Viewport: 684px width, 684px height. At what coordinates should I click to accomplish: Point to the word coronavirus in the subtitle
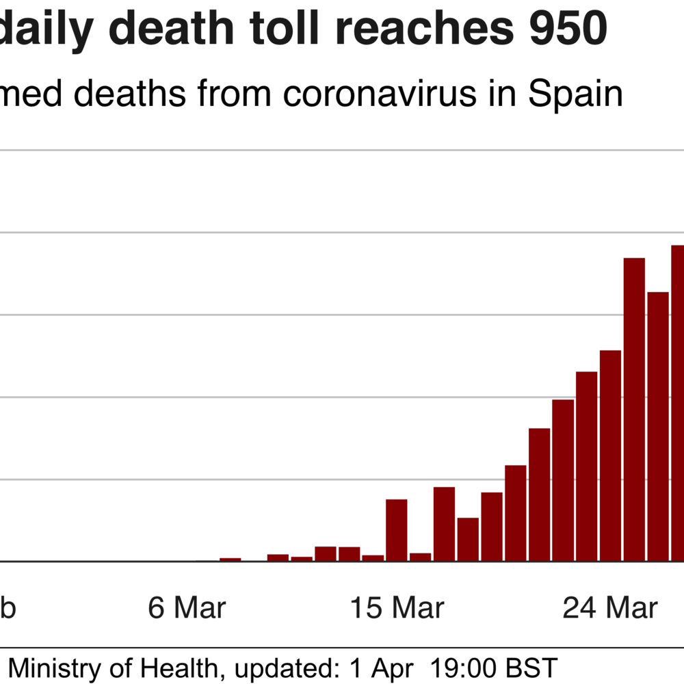click(x=380, y=94)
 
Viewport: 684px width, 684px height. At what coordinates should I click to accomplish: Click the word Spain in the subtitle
click(x=575, y=94)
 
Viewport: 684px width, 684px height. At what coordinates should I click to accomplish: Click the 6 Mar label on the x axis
click(x=187, y=607)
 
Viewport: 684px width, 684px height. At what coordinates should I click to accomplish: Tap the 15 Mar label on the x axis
click(x=397, y=607)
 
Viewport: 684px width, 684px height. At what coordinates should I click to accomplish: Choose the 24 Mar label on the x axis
click(x=610, y=607)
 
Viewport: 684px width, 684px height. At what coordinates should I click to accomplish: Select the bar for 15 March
click(x=397, y=530)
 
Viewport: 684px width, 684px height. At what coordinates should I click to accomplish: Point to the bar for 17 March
click(x=444, y=524)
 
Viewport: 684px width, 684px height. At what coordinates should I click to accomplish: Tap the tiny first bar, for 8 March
click(x=231, y=560)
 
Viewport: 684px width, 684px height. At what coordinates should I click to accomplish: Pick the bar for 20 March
click(x=515, y=513)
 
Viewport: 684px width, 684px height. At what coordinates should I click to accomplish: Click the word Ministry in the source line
click(x=55, y=666)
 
